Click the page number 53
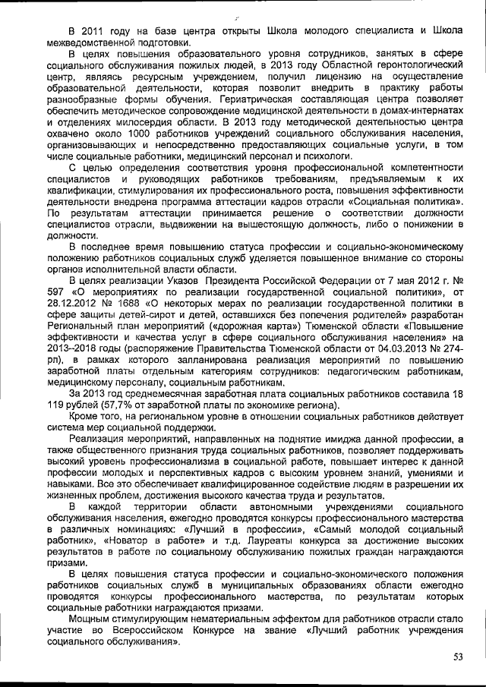(x=458, y=657)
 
